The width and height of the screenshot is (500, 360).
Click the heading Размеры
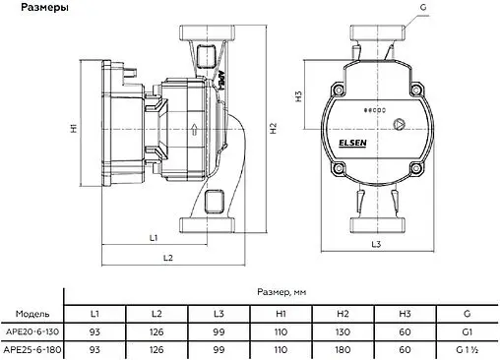pos(44,7)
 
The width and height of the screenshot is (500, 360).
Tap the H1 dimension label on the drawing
pos(74,128)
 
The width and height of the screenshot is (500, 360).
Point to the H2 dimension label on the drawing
pos(274,128)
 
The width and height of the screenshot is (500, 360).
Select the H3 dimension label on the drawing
pos(298,96)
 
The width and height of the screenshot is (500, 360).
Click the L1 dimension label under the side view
pos(154,238)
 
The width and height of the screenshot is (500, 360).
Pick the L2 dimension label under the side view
pos(168,258)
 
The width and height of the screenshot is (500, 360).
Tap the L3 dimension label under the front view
pos(376,244)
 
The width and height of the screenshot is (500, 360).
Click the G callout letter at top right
pos(423,7)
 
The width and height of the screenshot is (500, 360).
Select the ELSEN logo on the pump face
pos(352,144)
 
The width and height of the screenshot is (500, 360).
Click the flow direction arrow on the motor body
pos(194,129)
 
